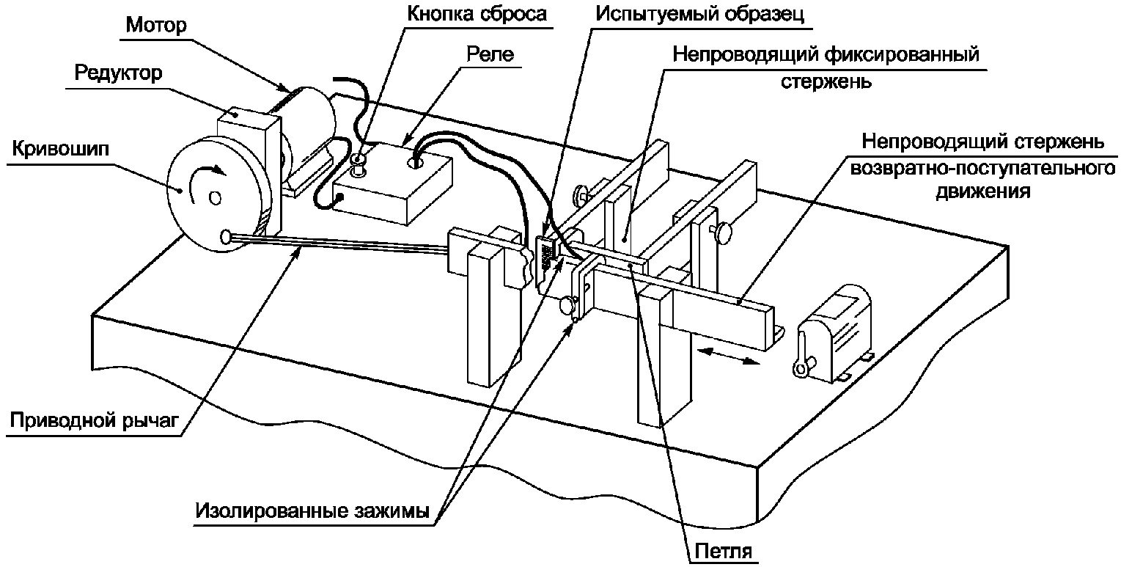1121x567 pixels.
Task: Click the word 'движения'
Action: pyautogui.click(x=982, y=193)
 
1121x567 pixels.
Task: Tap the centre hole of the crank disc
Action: pyautogui.click(x=214, y=197)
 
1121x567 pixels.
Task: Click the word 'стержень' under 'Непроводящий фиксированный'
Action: pyautogui.click(x=825, y=81)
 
